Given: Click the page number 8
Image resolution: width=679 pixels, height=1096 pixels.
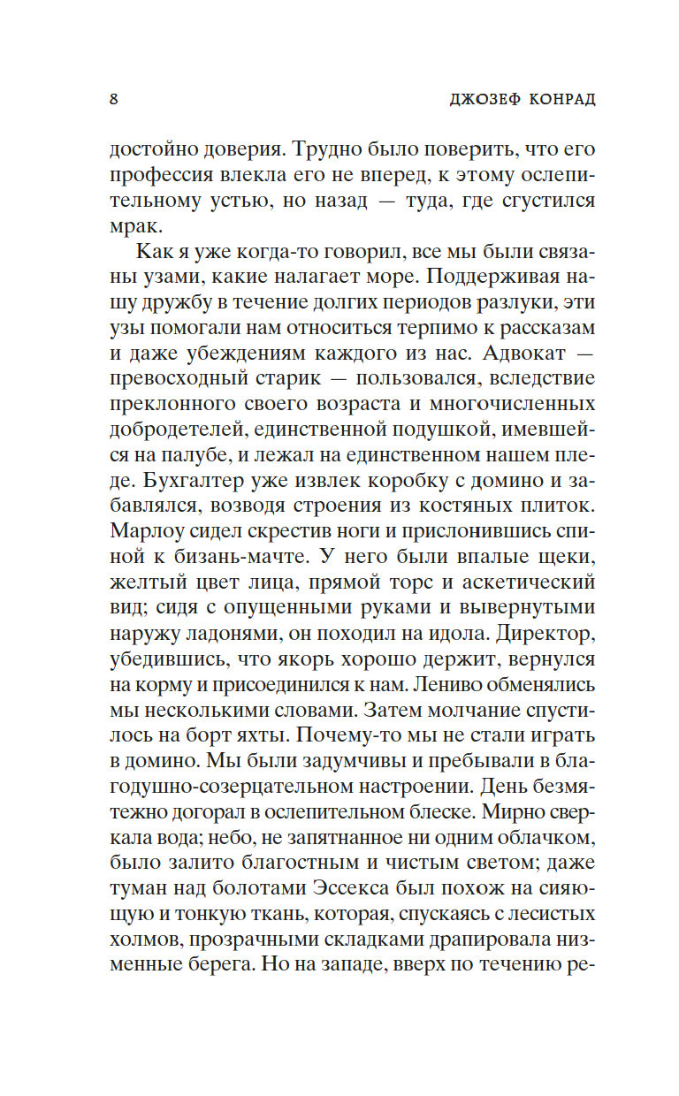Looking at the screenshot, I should point(114,97).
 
